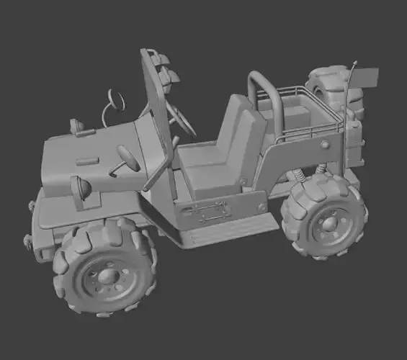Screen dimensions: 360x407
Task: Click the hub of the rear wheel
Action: (x=330, y=222)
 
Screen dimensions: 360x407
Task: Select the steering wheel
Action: (x=182, y=117)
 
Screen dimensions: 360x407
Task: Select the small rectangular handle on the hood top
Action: (x=87, y=160)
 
